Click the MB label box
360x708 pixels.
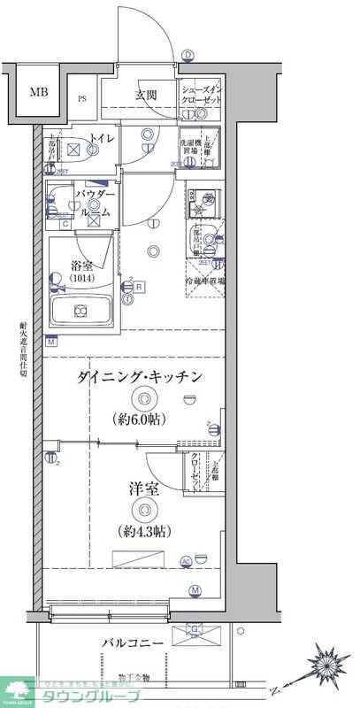point(38,92)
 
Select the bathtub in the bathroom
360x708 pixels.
point(80,312)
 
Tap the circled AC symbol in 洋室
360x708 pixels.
point(186,560)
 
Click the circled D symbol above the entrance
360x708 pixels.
point(188,55)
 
